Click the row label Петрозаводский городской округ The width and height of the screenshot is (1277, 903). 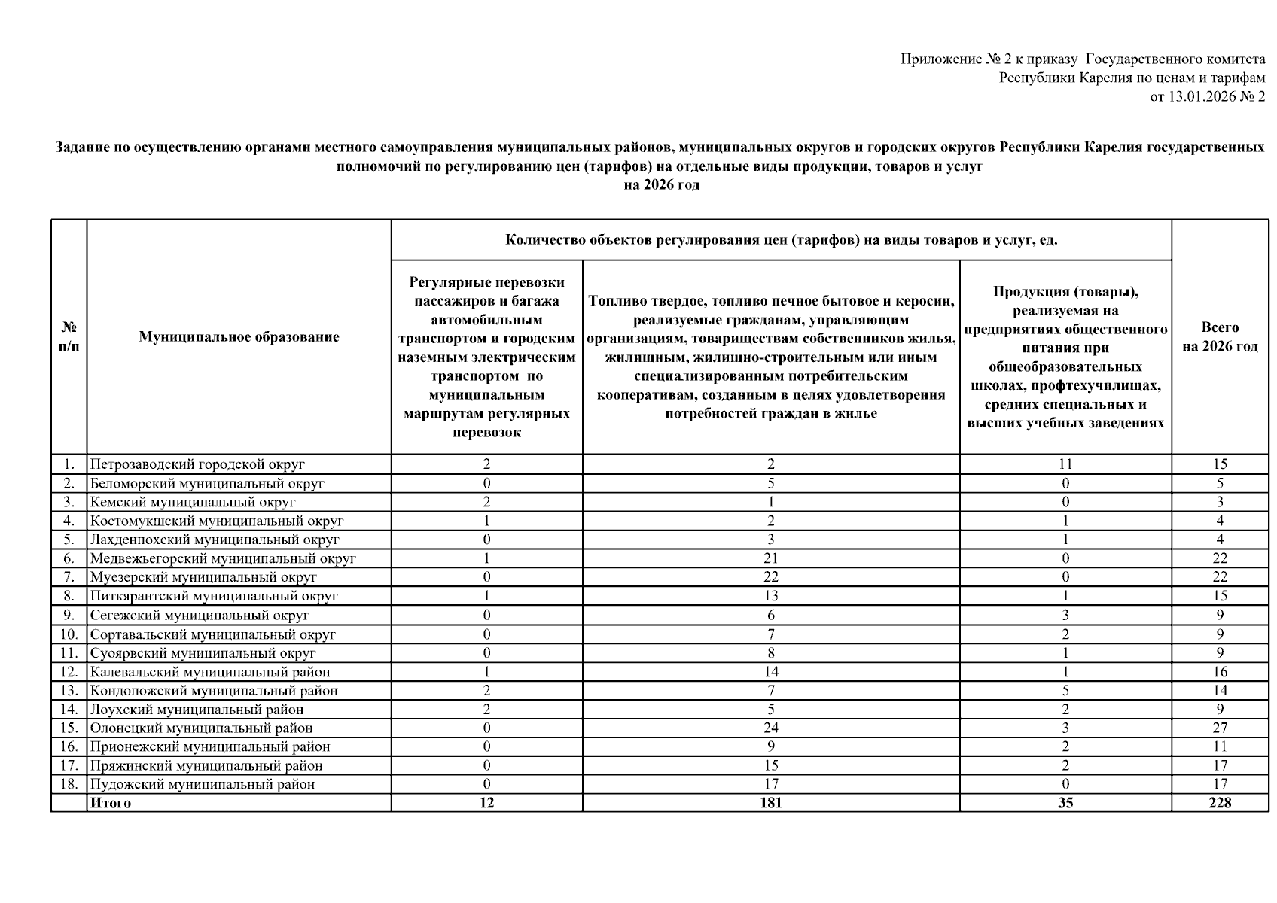point(197,464)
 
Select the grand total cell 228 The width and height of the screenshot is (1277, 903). point(1219,803)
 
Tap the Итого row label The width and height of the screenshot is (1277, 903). point(111,803)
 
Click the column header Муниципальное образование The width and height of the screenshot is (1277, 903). point(239,337)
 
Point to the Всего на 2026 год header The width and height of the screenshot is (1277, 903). point(1219,337)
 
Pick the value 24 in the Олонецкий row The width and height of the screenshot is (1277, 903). point(770,728)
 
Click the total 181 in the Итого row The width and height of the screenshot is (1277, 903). point(770,803)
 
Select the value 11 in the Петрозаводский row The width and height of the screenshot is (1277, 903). point(1065,464)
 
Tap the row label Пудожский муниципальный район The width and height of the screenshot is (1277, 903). point(203,784)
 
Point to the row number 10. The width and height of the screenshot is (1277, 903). point(69,634)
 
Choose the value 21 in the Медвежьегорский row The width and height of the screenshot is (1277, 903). point(770,558)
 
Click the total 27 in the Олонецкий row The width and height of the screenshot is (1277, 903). point(1219,728)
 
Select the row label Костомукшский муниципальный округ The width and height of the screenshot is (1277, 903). point(217,521)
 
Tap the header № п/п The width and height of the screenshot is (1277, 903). point(69,337)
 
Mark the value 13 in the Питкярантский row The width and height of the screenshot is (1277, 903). point(770,596)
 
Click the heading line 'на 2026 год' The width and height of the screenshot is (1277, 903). point(661,185)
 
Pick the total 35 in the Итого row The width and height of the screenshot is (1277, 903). point(1065,803)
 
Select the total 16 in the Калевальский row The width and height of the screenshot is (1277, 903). point(1219,672)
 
